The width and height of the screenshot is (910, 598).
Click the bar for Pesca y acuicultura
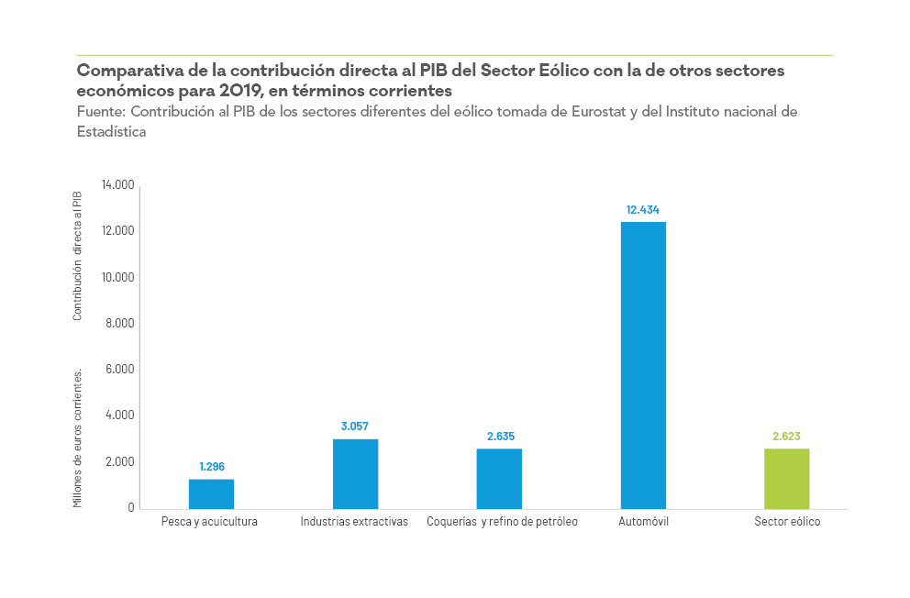pos(211,493)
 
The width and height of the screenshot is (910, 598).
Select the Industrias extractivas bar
pos(355,473)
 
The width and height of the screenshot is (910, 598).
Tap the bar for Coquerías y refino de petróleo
pos(499,478)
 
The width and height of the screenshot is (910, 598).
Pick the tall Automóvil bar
pos(643,365)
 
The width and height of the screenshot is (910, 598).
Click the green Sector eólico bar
pos(787,478)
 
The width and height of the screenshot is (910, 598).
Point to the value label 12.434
pos(643,210)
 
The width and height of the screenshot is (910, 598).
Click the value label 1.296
pos(211,467)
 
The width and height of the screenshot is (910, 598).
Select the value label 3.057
pos(355,426)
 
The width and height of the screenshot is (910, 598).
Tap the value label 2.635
pos(499,437)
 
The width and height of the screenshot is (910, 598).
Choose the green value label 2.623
pos(787,437)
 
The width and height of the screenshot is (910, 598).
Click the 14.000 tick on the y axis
pos(118,185)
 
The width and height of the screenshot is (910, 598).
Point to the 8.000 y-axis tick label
pos(121,323)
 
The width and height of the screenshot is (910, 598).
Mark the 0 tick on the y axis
pos(131,507)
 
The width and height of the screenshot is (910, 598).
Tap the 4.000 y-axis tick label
pos(121,415)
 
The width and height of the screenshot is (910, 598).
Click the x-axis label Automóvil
pos(643,522)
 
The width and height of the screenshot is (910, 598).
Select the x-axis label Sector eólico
pos(787,522)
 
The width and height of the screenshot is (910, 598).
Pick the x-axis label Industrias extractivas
pos(354,522)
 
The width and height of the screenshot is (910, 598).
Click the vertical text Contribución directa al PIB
pos(78,255)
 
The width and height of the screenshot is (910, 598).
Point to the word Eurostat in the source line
pos(583,112)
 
